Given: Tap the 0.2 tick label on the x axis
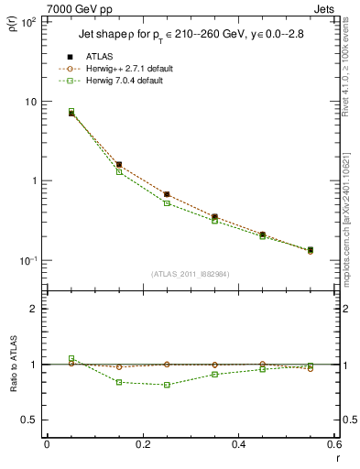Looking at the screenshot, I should [x=142, y=444].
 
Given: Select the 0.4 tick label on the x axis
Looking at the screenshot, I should [x=238, y=444].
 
